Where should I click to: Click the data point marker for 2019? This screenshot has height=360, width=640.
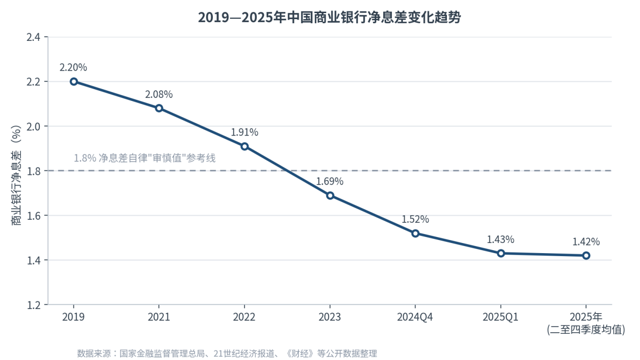tap(74, 82)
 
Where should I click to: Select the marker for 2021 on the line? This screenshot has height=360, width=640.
tap(159, 108)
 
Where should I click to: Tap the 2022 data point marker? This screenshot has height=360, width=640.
tap(245, 146)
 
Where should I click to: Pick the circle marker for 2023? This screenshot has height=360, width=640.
tap(330, 196)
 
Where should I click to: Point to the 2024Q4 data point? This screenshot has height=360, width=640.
tap(416, 233)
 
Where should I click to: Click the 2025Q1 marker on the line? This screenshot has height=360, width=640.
tap(501, 253)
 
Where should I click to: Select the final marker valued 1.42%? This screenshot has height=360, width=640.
tap(586, 256)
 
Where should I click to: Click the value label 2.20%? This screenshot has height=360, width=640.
tap(73, 68)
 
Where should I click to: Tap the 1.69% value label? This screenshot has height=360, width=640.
tap(330, 182)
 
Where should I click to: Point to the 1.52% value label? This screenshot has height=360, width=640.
tap(416, 219)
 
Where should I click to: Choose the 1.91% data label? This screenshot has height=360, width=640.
tap(245, 132)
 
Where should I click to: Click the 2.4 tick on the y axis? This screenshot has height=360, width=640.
tap(33, 37)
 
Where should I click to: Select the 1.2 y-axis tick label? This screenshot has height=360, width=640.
tap(33, 305)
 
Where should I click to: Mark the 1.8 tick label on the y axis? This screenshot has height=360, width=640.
tap(33, 171)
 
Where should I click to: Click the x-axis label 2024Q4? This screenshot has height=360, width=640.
tap(415, 317)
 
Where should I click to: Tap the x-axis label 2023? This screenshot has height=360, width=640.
tap(330, 317)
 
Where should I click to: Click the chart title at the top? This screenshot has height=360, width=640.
tap(329, 18)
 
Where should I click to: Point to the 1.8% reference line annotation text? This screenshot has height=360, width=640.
tap(145, 158)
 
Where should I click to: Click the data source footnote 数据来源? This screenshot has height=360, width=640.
tap(227, 354)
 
